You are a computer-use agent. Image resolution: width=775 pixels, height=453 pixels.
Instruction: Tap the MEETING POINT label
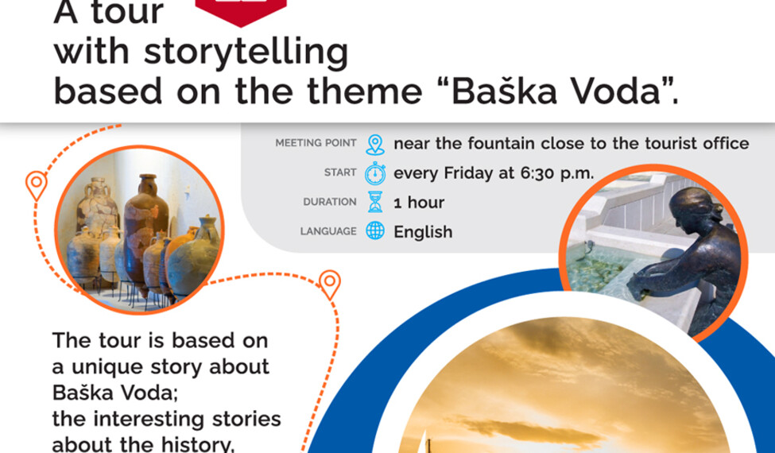pyautogui.click(x=316, y=143)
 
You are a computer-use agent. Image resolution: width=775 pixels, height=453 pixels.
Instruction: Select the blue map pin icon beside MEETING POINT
pyautogui.click(x=375, y=145)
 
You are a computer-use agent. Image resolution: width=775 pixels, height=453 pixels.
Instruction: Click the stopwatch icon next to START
pyautogui.click(x=375, y=173)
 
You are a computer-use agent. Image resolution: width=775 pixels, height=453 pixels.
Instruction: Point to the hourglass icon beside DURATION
pyautogui.click(x=375, y=202)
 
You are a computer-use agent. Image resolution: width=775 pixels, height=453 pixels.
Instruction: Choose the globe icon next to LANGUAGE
pyautogui.click(x=375, y=230)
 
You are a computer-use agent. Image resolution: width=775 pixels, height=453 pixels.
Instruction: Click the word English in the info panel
pyautogui.click(x=423, y=232)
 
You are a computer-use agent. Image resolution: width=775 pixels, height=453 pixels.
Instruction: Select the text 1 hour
pyautogui.click(x=419, y=203)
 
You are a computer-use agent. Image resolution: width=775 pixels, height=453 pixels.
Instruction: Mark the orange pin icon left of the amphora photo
pyautogui.click(x=36, y=185)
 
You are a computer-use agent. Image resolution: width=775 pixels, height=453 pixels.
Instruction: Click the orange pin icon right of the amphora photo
pyautogui.click(x=330, y=284)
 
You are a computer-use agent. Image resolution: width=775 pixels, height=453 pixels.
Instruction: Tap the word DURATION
pyautogui.click(x=330, y=202)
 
